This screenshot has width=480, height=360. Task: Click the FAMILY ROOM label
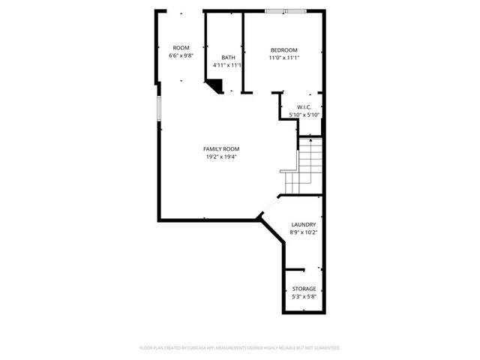coord(221,148)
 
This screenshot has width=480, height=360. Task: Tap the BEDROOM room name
coord(284,49)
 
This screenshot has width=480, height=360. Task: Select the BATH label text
coord(227,57)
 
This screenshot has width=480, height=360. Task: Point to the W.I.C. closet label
coord(304,106)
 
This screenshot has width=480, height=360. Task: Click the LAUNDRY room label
coord(303,224)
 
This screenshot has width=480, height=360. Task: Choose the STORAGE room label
coord(304,289)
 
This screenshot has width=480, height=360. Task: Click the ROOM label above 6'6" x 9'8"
coord(181,47)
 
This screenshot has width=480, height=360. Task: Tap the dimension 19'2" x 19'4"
coord(221,157)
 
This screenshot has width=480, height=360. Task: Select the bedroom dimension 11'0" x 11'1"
coord(284,58)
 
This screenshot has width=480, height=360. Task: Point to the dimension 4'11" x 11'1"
coord(227,65)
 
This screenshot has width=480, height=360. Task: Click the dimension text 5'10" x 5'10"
coord(304,114)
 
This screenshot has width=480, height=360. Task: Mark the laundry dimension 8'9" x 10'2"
coord(303,232)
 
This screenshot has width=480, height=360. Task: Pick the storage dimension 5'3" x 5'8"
coord(304,297)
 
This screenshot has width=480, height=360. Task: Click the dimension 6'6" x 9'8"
coord(181,55)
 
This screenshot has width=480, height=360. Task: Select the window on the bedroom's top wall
coord(285,10)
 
